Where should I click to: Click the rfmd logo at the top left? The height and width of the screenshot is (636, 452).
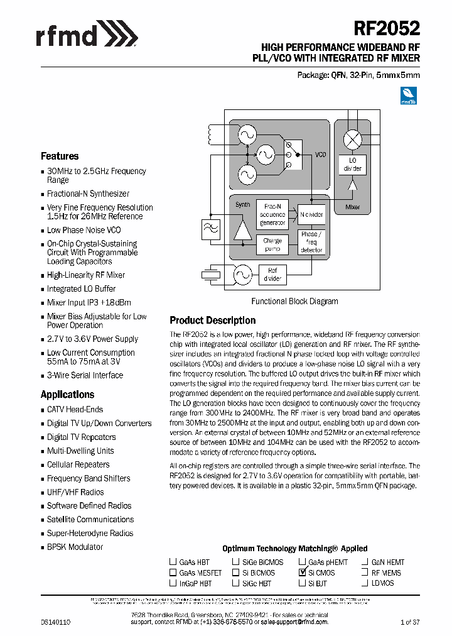tap(87, 33)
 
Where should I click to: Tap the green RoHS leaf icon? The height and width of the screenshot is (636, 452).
tap(409, 95)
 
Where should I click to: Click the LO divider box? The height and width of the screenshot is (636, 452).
tap(353, 165)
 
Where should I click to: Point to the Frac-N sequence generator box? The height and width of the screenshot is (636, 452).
tap(272, 215)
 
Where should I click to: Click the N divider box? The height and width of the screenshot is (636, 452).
tap(311, 215)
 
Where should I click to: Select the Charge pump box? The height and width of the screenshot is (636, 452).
tap(272, 244)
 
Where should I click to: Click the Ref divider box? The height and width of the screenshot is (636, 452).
tap(272, 275)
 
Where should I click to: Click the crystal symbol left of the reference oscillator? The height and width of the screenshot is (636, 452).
tap(209, 274)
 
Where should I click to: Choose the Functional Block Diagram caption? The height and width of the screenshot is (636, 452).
tap(294, 302)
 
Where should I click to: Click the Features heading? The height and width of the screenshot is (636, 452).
tap(60, 156)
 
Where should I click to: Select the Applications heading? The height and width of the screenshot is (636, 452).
tap(67, 395)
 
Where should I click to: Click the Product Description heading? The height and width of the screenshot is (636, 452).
tap(213, 321)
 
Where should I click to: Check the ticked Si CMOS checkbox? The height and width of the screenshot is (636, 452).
tap(302, 573)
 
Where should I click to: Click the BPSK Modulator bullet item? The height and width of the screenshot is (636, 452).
tap(75, 547)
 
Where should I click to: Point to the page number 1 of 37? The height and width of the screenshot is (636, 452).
tap(410, 622)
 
